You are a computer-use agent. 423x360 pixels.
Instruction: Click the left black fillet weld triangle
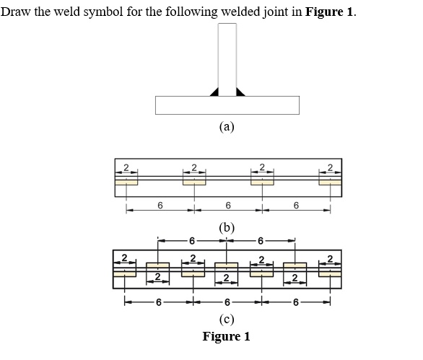tap(214, 92)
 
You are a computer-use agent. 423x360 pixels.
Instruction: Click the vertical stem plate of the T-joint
tap(227, 58)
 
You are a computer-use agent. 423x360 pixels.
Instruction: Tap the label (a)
tap(227, 128)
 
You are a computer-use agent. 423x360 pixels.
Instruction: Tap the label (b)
tap(227, 227)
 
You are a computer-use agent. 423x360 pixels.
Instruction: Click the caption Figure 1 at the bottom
tap(227, 336)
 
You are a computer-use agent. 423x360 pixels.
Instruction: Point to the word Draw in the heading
tap(16, 12)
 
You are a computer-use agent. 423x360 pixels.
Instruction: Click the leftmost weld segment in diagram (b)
tap(126, 182)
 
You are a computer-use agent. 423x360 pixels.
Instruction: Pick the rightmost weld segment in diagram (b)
tap(330, 182)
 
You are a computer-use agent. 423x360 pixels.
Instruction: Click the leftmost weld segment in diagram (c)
tap(125, 273)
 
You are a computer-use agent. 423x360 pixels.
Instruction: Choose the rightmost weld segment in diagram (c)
tap(330, 273)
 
